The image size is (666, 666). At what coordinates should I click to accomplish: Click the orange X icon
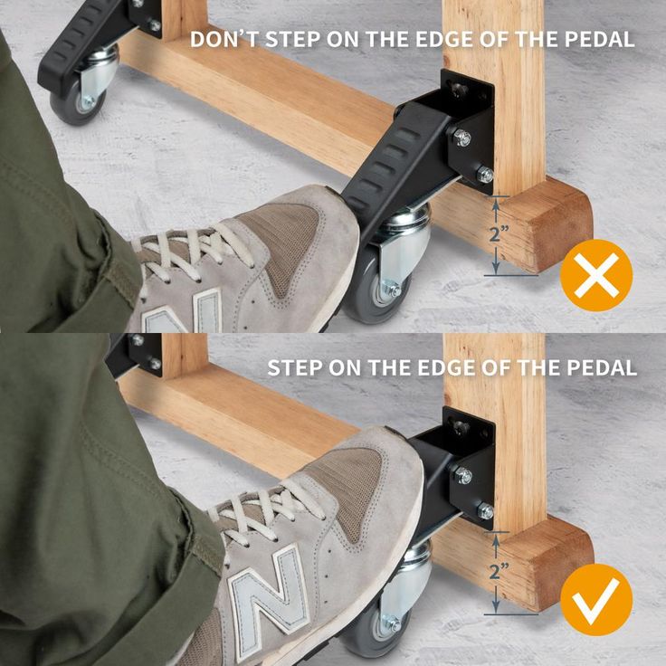pos(596,275)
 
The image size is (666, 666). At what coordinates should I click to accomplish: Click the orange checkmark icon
pos(596,600)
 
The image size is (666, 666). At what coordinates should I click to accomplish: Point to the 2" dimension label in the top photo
pos(499,234)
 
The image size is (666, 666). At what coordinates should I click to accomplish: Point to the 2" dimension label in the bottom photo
pos(499,572)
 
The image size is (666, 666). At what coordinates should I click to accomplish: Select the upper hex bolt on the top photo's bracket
pos(461,138)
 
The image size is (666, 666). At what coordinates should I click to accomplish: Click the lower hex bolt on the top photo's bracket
pos(485,175)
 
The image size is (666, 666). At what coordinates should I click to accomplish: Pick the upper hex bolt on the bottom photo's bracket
pos(462,475)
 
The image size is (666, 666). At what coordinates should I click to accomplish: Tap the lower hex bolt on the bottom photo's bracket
pos(485,511)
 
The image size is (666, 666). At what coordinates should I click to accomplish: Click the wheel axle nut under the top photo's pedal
pos(391,290)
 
